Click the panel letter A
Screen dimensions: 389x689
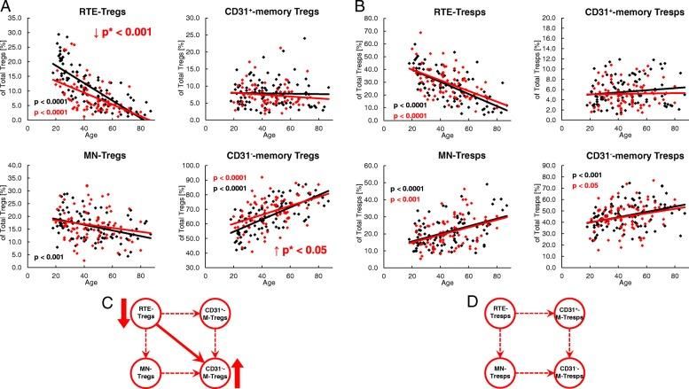click(7, 8)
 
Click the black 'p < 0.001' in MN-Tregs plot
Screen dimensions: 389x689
click(54, 257)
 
